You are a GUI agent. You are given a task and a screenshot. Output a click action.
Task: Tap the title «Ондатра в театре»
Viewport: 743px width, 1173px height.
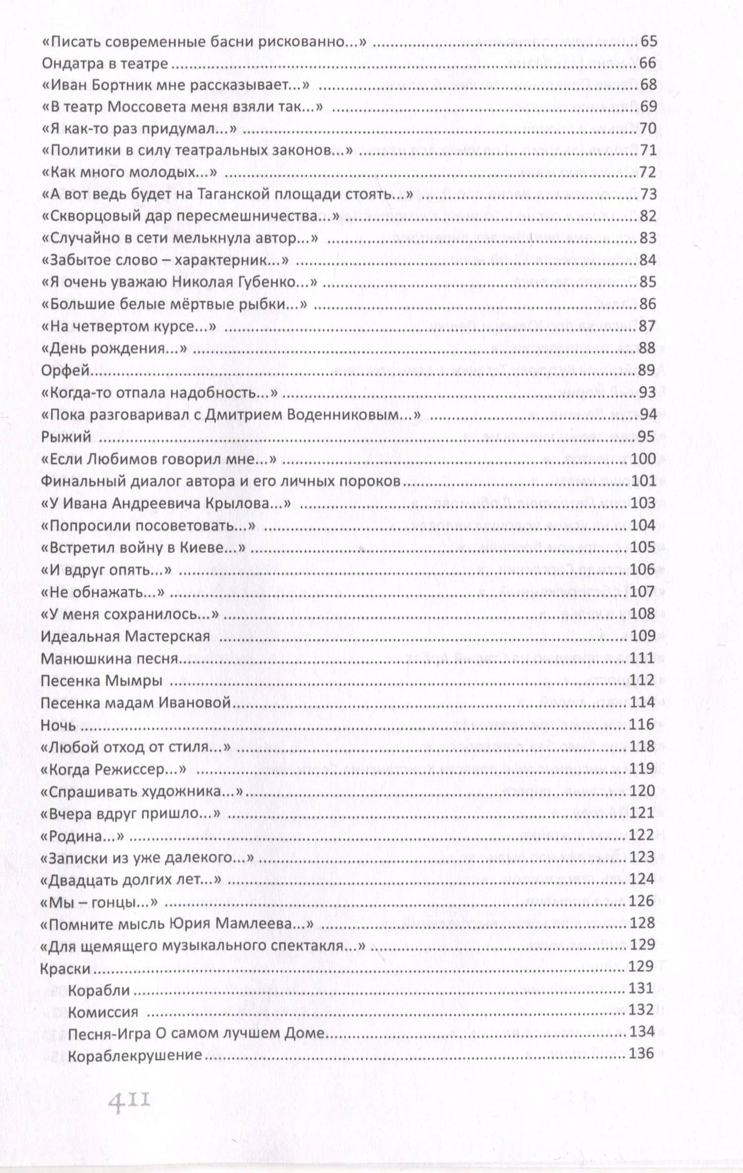click(105, 63)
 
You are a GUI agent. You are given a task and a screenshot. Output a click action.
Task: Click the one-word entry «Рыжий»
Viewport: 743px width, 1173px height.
click(66, 437)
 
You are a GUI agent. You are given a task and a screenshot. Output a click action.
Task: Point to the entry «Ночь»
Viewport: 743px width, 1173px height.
click(58, 725)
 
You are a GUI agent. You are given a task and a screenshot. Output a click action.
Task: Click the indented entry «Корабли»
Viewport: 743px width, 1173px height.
click(99, 990)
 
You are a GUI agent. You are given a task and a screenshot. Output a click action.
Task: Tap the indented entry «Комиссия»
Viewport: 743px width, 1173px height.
click(103, 1012)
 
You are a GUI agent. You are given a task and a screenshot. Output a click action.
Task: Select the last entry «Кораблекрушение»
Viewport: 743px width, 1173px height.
click(135, 1056)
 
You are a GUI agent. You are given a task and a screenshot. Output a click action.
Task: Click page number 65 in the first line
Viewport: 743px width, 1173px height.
click(648, 41)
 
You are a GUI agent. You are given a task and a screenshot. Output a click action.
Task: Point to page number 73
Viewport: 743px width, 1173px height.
click(648, 194)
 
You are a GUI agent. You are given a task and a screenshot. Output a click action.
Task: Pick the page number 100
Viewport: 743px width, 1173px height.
click(643, 458)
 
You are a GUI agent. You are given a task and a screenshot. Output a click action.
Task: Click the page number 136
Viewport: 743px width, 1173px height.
click(641, 1054)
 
